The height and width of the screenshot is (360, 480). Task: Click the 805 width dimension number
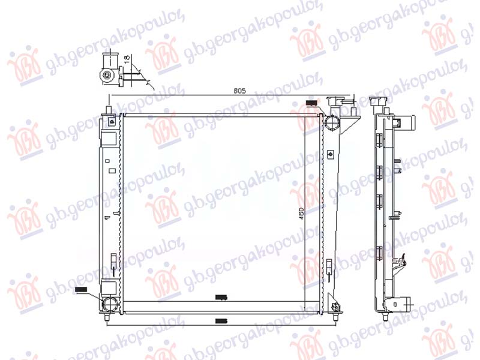(240, 91)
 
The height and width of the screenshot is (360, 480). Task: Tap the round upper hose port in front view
(332, 122)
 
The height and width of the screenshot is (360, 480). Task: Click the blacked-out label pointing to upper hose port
(311, 104)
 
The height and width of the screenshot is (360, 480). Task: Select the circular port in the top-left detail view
(107, 76)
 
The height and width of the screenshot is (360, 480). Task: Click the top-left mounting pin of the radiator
(109, 110)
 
